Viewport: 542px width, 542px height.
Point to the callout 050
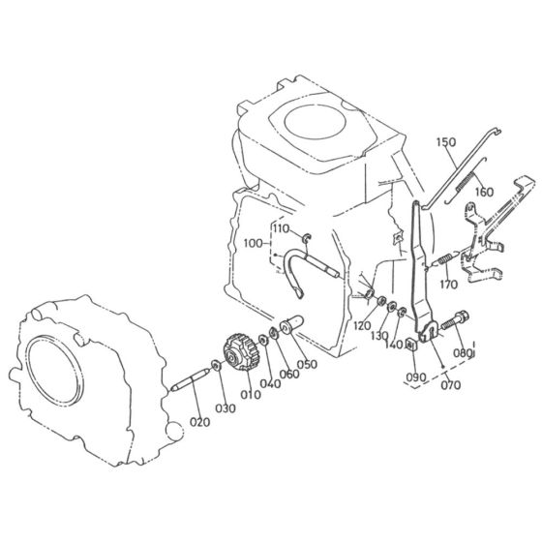[307, 364]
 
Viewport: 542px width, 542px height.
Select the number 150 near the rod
[445, 143]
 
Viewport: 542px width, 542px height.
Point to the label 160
[484, 191]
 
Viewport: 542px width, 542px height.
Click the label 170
[447, 285]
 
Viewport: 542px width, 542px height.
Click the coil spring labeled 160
[469, 175]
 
